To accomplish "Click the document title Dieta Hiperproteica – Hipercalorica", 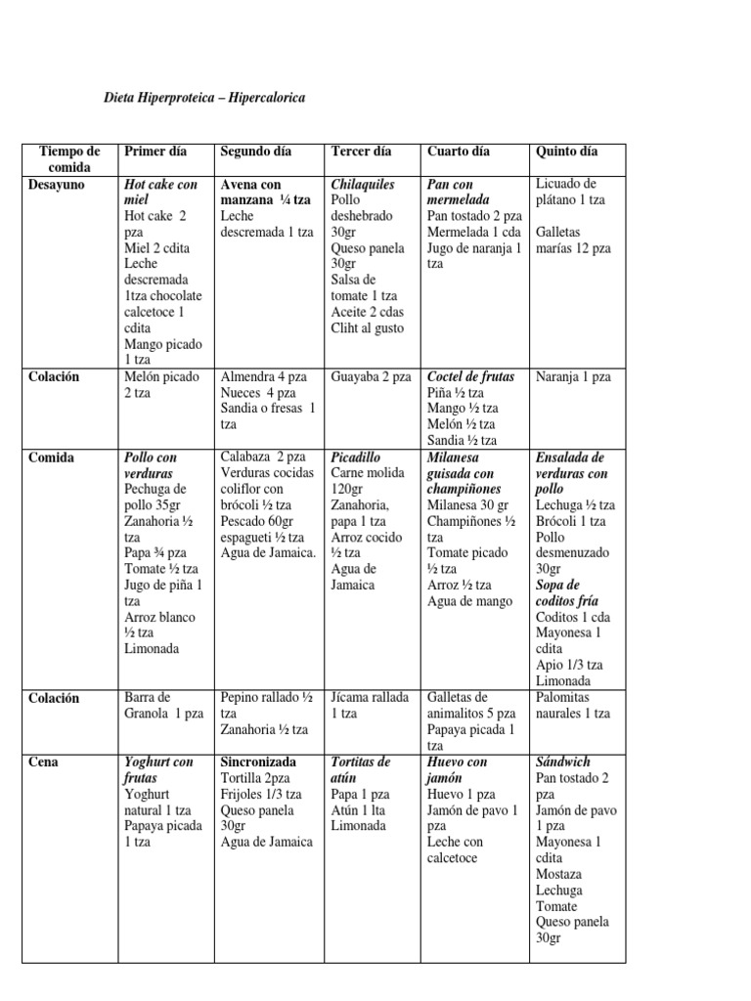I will coord(204,99).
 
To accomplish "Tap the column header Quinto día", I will coord(566,152).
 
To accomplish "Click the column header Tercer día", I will coord(361,152).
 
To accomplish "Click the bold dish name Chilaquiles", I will coord(363,184).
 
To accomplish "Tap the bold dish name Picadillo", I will coord(356,457).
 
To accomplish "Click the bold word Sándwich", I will coord(564,762).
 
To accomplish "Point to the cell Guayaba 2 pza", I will coord(371,376).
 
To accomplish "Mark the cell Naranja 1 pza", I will coord(573,376).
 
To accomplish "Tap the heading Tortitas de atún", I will coord(362,769).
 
